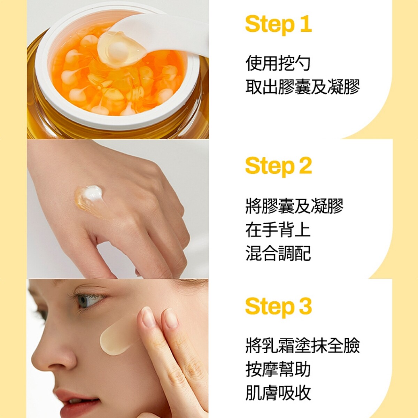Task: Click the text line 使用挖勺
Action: coord(278,63)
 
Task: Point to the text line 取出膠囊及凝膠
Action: coord(302,87)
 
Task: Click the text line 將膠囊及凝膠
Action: coord(294,206)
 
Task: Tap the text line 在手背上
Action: coord(278,230)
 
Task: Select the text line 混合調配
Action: coord(278,254)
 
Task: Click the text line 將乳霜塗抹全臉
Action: coord(302,346)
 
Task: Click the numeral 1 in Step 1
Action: coord(305,25)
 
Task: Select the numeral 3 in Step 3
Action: coord(305,307)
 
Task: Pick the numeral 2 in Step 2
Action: coord(305,166)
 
